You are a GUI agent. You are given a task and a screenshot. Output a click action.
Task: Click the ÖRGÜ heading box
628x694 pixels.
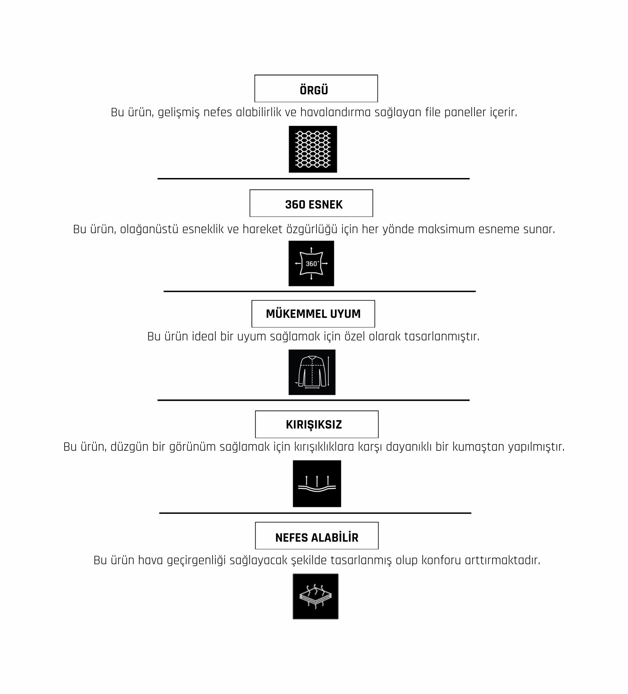(x=316, y=88)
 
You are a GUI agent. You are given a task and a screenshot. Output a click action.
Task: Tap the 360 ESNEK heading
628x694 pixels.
(x=311, y=203)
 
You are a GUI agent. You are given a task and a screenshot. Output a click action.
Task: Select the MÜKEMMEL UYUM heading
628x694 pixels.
(x=313, y=314)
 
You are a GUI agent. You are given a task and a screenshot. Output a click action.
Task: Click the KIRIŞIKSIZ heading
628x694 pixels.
(x=316, y=424)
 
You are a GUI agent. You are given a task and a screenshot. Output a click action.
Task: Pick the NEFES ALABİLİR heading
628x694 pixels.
(x=316, y=536)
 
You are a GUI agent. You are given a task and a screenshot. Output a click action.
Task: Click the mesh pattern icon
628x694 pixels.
(x=313, y=149)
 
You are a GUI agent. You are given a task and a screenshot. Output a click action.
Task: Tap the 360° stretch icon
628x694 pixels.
(x=311, y=263)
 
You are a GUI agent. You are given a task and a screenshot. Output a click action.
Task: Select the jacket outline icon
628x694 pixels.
(x=312, y=372)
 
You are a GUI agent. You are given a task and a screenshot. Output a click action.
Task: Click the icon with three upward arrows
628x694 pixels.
(x=317, y=484)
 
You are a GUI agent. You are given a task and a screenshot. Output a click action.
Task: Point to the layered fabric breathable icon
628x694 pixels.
(x=315, y=596)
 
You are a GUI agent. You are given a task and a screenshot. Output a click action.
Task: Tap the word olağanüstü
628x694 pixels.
(x=149, y=229)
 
